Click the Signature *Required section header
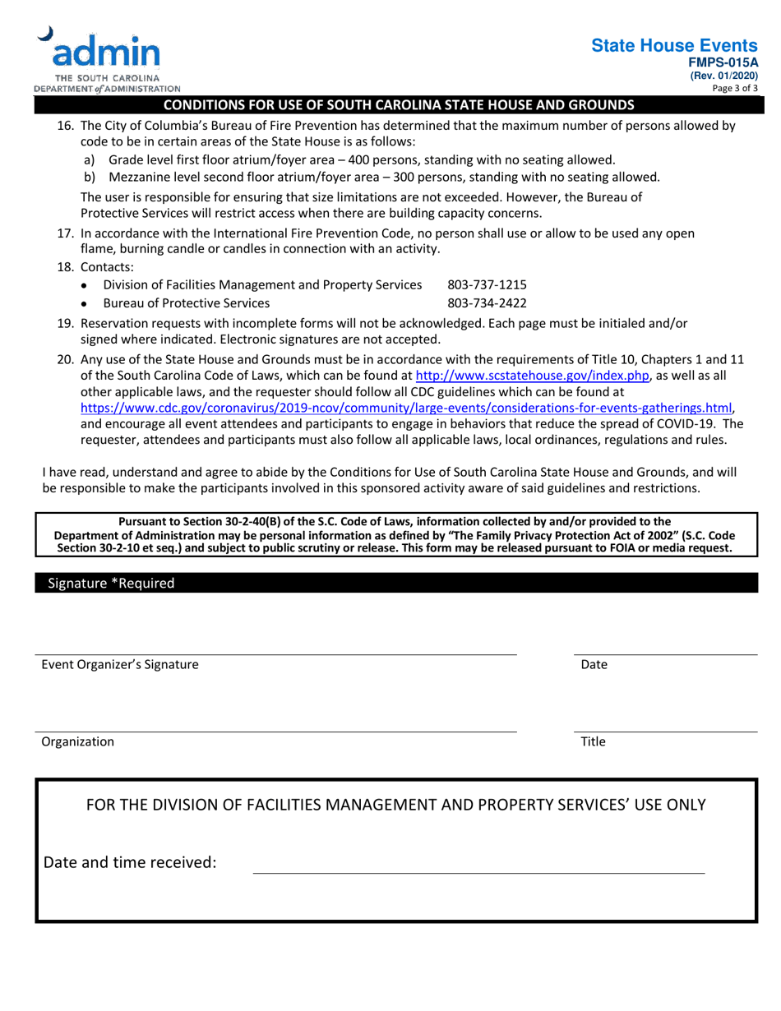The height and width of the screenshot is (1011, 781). point(112,584)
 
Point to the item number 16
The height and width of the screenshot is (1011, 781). point(65,126)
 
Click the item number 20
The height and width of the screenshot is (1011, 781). point(65,360)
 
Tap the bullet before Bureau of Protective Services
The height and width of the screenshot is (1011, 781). point(86,303)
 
